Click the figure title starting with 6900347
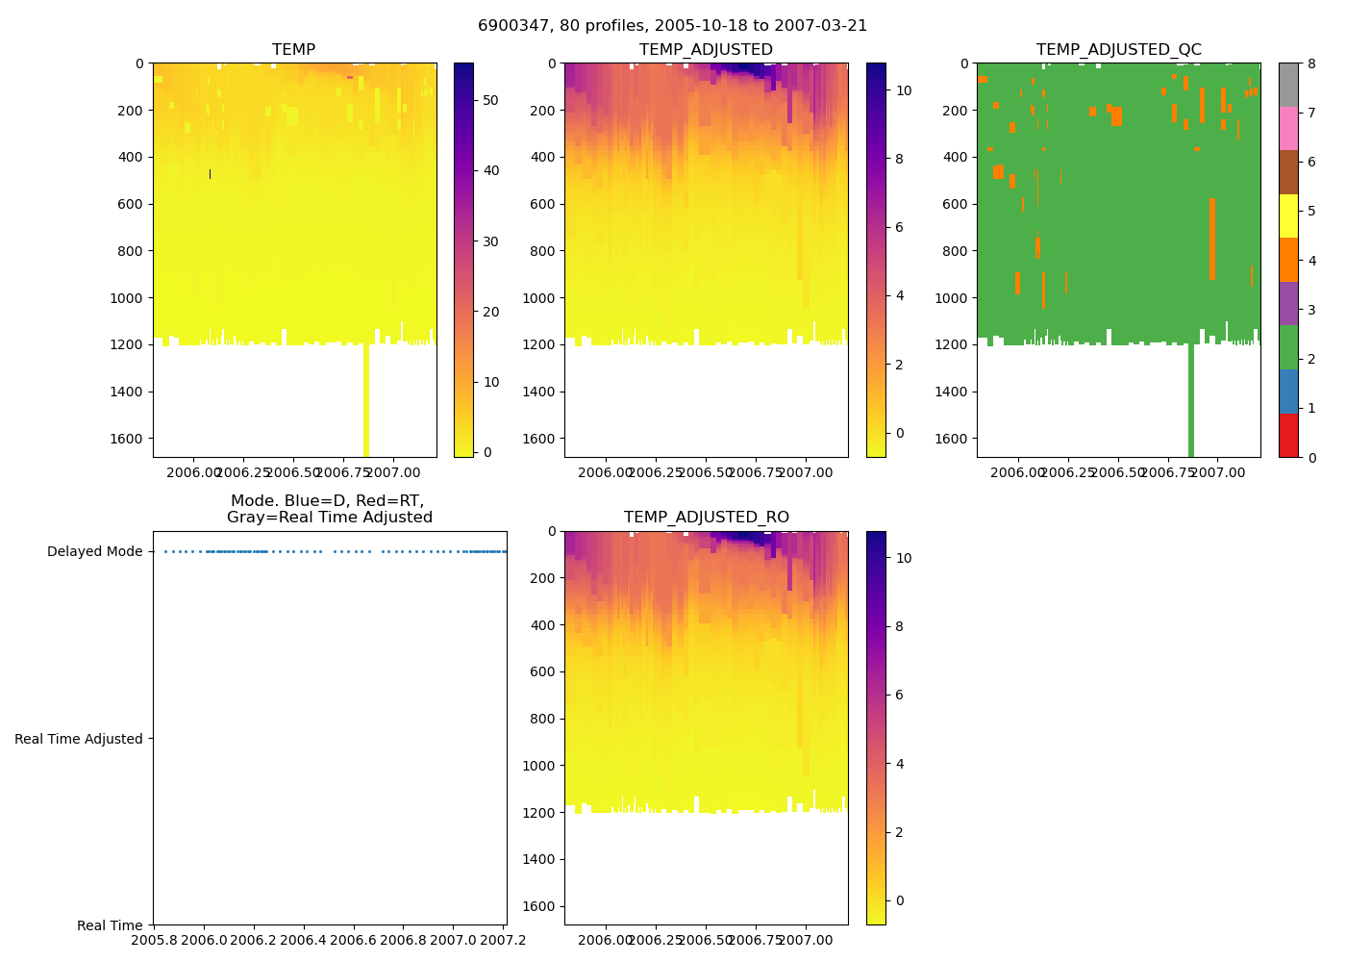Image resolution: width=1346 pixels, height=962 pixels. point(672,26)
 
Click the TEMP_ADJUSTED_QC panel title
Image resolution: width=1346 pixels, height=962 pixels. point(1118,50)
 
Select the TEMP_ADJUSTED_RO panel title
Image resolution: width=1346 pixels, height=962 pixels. point(706,518)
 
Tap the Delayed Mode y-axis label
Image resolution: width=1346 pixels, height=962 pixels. point(94,552)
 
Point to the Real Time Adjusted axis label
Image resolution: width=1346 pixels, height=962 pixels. point(79,739)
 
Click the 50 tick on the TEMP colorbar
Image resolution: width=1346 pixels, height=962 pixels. point(491,100)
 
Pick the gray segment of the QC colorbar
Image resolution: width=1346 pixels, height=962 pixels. point(1288,85)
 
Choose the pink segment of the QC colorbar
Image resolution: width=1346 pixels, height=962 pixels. point(1288,128)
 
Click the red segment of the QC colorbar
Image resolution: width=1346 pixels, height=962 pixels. point(1288,435)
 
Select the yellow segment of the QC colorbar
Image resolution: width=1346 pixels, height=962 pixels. point(1288,215)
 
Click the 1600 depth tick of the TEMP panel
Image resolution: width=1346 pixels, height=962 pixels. point(132,439)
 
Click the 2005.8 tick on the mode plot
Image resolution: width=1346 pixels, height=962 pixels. point(154,940)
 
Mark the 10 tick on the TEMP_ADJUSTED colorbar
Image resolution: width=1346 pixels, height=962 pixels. point(904,90)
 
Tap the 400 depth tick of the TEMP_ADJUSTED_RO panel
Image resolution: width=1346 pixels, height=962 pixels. point(543,625)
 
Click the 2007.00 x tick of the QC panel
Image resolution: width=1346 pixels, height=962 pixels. point(1217,472)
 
